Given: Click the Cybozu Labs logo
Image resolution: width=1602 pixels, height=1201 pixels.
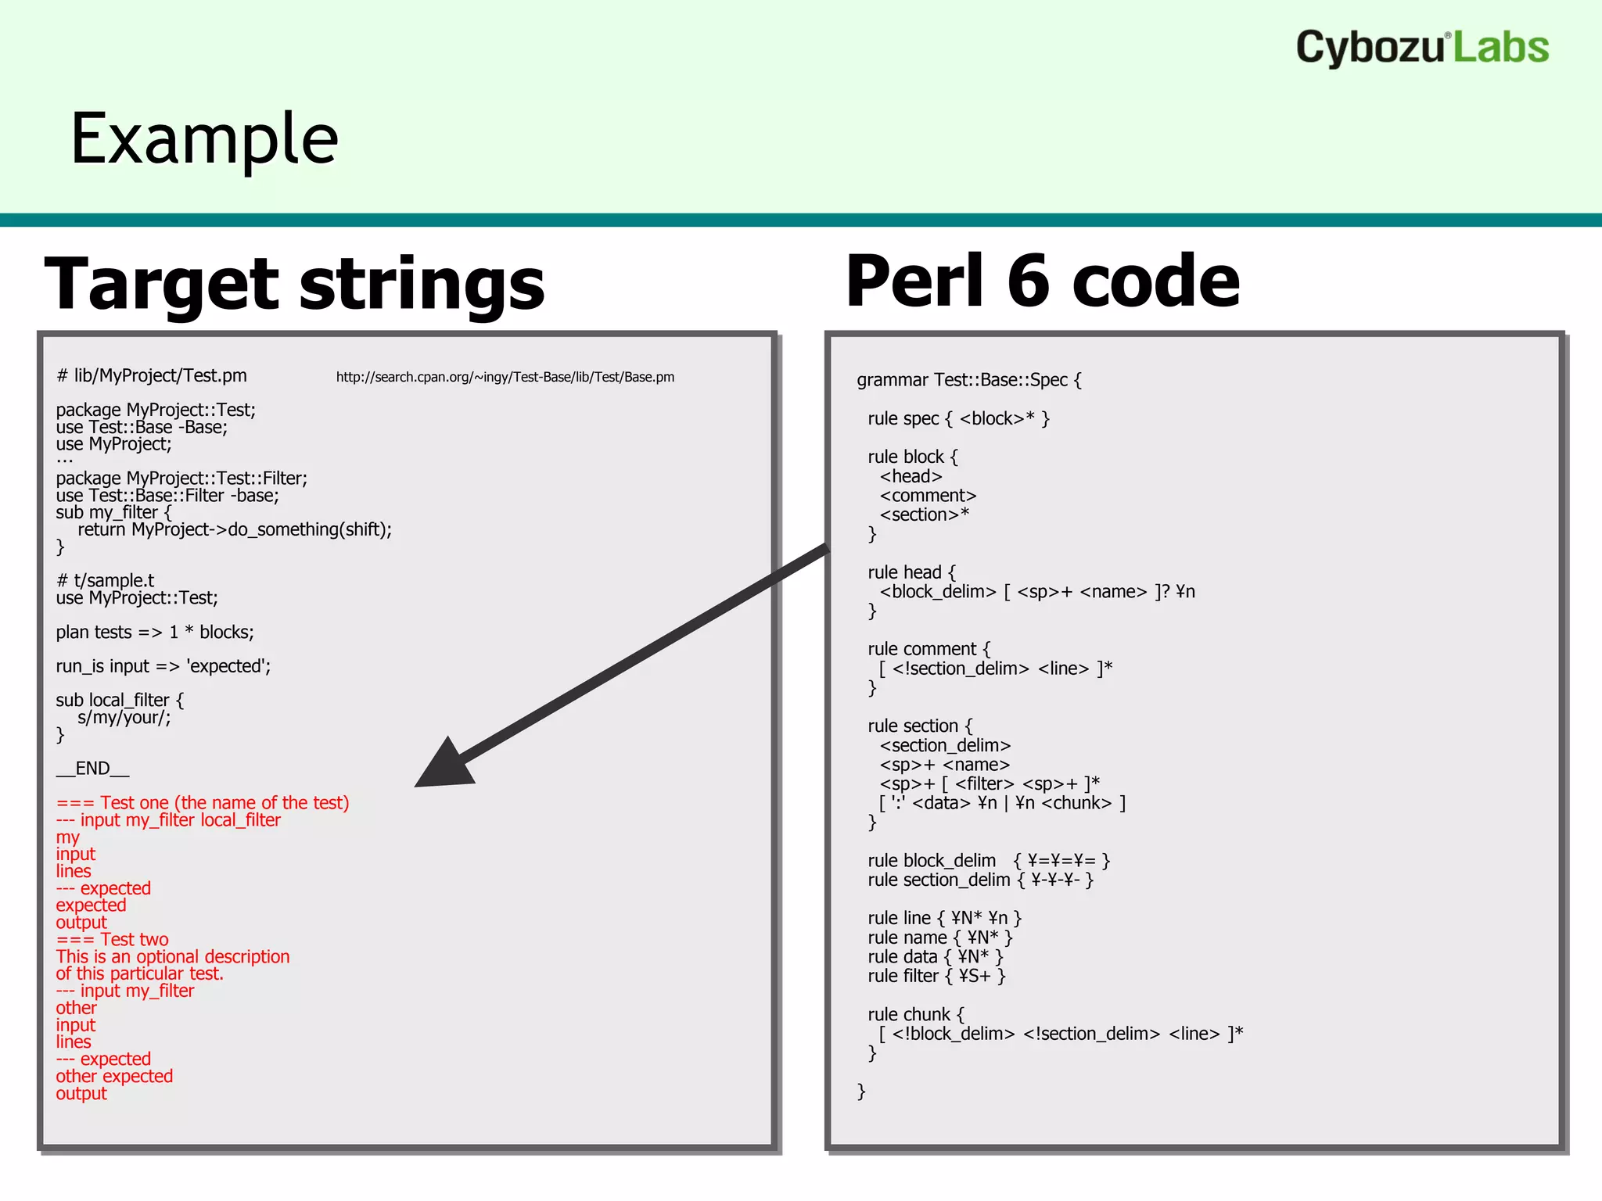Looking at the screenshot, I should (1421, 48).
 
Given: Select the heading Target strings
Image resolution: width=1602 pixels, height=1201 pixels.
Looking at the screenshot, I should (294, 283).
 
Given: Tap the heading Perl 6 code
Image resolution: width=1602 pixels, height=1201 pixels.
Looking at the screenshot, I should (1042, 281).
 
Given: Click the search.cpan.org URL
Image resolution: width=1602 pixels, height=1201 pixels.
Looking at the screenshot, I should (505, 377).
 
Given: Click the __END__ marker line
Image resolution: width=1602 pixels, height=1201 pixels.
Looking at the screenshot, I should (92, 769).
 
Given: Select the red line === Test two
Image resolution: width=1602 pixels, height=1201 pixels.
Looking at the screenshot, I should (112, 939).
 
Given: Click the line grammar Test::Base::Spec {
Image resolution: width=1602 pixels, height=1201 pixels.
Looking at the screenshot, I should (968, 380).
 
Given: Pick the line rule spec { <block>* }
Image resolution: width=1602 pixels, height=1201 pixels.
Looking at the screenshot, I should (958, 418).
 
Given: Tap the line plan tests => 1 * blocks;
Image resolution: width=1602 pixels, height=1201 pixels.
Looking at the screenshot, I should (154, 632).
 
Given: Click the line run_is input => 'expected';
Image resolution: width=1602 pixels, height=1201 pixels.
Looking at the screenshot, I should (163, 666).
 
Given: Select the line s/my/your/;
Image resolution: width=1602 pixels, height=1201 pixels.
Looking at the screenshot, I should (124, 717).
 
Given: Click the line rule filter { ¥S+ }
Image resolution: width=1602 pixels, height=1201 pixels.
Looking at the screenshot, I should (936, 976).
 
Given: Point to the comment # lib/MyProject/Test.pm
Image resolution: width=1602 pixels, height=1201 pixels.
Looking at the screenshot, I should (151, 376).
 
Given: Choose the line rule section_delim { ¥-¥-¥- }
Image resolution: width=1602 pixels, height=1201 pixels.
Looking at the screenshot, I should (979, 880).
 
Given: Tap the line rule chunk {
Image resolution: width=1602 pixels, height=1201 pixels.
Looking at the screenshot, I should (915, 1014).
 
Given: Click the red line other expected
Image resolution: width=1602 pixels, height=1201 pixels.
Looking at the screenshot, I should (114, 1076).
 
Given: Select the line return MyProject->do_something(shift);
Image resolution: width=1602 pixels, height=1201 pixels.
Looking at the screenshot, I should (234, 529).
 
